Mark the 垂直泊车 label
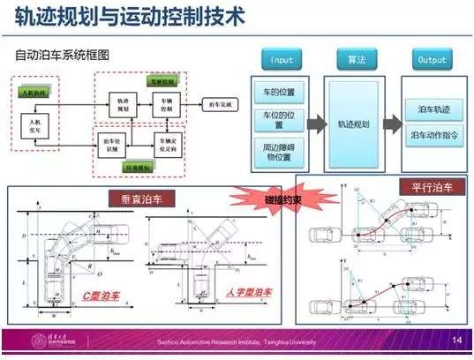pos(131,198)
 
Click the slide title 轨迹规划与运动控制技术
pos(124,15)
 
